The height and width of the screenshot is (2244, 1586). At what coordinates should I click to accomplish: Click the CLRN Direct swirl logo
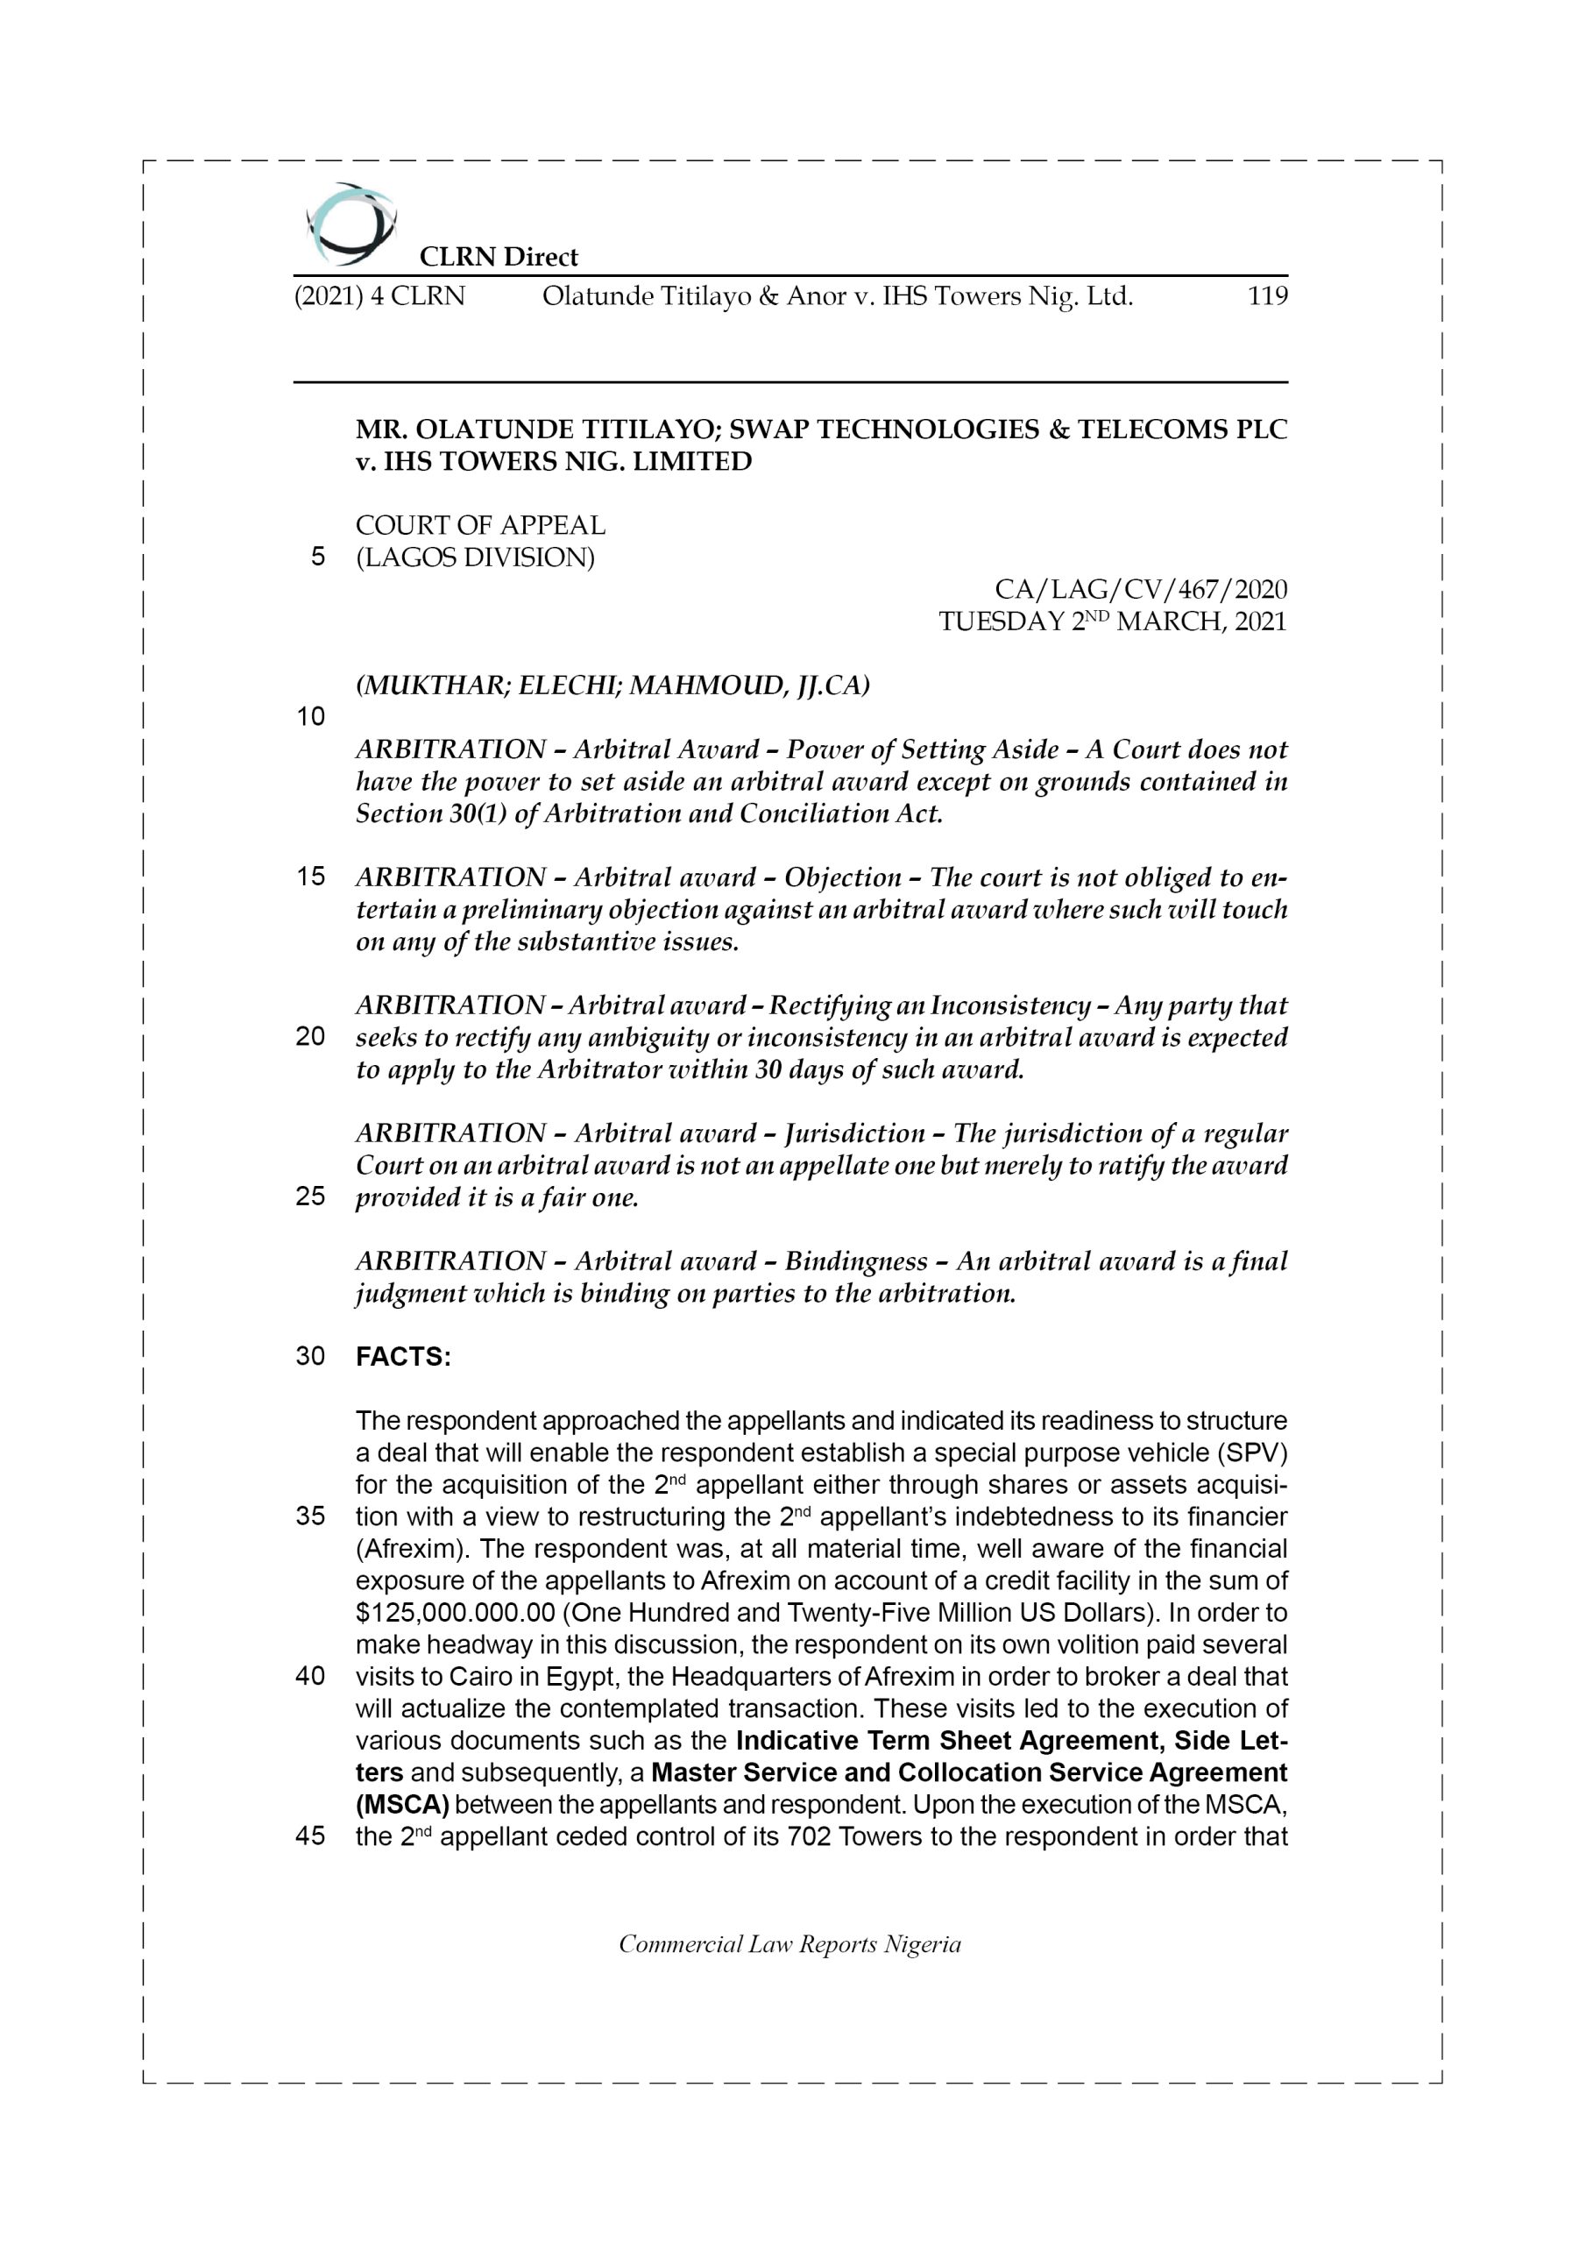coord(350,224)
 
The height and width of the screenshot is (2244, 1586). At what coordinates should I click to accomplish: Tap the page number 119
coord(1267,296)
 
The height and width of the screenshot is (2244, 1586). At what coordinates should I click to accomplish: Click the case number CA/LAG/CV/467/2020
coord(1140,589)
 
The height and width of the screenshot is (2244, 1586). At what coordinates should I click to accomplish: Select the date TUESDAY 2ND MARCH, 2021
coord(1112,621)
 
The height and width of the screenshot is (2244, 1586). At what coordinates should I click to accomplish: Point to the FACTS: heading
coord(402,1357)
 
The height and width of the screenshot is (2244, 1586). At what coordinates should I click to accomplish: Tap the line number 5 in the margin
coord(317,557)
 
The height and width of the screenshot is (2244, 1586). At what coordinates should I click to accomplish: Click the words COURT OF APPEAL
coord(480,526)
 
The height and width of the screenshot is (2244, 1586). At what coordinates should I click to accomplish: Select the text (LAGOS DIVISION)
coord(475,558)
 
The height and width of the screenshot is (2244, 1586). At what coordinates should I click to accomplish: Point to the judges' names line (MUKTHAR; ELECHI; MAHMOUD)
coord(612,686)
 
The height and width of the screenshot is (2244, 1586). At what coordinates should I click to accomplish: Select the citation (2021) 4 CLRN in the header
coord(379,296)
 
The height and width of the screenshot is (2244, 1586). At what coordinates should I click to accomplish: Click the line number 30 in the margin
coord(310,1357)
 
